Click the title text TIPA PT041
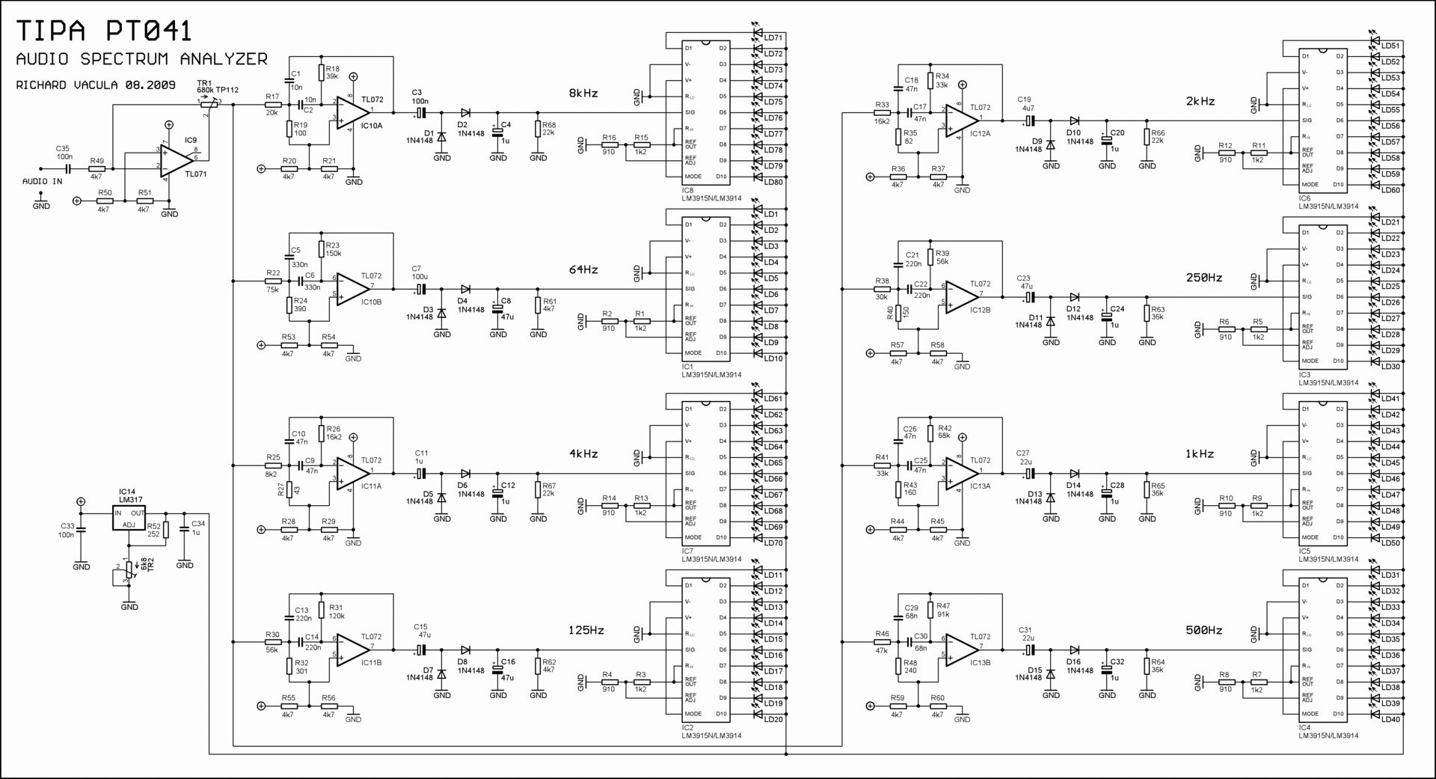[x=104, y=31]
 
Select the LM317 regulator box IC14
[x=129, y=519]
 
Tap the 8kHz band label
[x=583, y=94]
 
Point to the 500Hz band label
[x=1203, y=630]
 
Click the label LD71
[x=773, y=38]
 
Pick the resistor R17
[x=273, y=105]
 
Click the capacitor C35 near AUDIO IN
[x=66, y=169]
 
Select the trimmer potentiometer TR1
[x=209, y=105]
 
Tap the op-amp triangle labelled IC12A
[x=962, y=121]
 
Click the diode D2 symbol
[x=465, y=113]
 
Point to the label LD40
[x=1390, y=720]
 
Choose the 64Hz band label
[x=583, y=269]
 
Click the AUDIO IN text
[x=42, y=182]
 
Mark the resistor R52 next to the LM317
[x=165, y=530]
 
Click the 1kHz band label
[x=1200, y=453]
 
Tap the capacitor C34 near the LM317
[x=185, y=534]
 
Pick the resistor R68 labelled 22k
[x=538, y=129]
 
